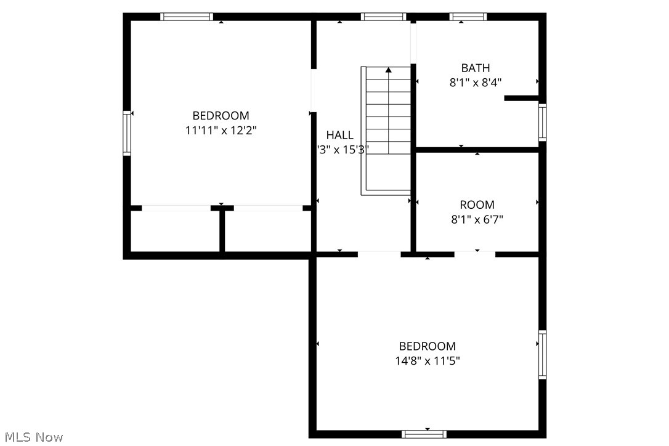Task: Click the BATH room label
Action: click(476, 68)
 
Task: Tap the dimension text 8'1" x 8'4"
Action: click(476, 83)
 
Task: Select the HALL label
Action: click(340, 135)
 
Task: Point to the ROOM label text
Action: click(477, 205)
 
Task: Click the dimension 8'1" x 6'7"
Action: click(477, 219)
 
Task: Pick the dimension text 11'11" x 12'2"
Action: click(221, 131)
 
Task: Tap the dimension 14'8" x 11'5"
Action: click(428, 361)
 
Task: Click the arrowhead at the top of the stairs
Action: click(388, 70)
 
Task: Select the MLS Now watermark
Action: click(32, 437)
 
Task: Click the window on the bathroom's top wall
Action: click(468, 17)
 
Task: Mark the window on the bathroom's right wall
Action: click(542, 123)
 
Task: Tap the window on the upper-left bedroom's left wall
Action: click(127, 132)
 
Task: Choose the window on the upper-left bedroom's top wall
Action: click(187, 17)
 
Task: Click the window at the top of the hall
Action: click(383, 17)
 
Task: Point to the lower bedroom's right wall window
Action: click(542, 354)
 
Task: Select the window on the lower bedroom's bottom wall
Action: click(424, 434)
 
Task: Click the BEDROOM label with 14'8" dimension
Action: click(428, 346)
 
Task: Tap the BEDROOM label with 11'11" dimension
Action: click(221, 116)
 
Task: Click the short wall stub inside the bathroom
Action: click(521, 97)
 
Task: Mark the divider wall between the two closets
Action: click(222, 231)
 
